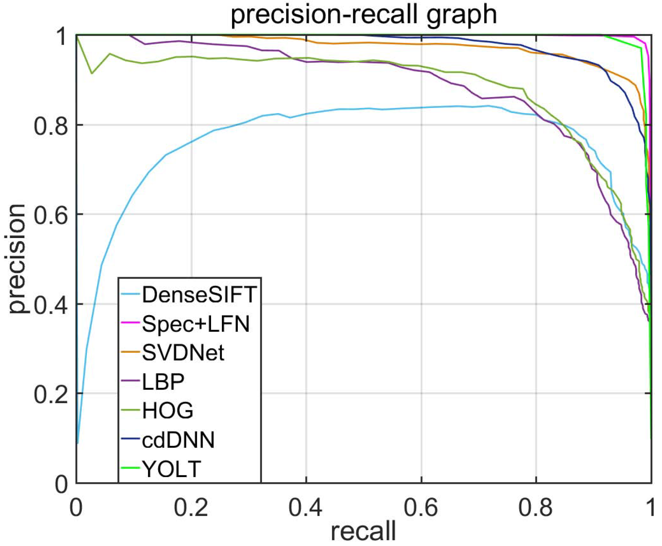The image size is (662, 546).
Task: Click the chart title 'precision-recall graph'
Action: pyautogui.click(x=363, y=15)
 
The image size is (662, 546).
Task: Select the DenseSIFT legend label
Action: pyautogui.click(x=199, y=294)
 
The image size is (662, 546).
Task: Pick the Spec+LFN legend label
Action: pyautogui.click(x=196, y=324)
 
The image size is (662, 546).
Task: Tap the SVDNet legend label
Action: pyautogui.click(x=183, y=352)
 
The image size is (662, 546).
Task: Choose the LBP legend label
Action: pyautogui.click(x=163, y=382)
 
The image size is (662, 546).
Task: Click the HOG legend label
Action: pyautogui.click(x=168, y=411)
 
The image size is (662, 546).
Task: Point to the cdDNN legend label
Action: pyautogui.click(x=178, y=440)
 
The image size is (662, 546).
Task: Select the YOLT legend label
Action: pyautogui.click(x=172, y=469)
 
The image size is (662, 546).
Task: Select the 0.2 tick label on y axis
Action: pyautogui.click(x=51, y=394)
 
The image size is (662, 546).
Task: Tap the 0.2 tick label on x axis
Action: pyautogui.click(x=191, y=508)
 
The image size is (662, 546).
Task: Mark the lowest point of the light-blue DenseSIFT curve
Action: pyautogui.click(x=78, y=443)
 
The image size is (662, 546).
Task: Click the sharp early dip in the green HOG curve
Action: pyautogui.click(x=92, y=73)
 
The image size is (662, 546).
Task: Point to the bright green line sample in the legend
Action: pyautogui.click(x=130, y=468)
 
